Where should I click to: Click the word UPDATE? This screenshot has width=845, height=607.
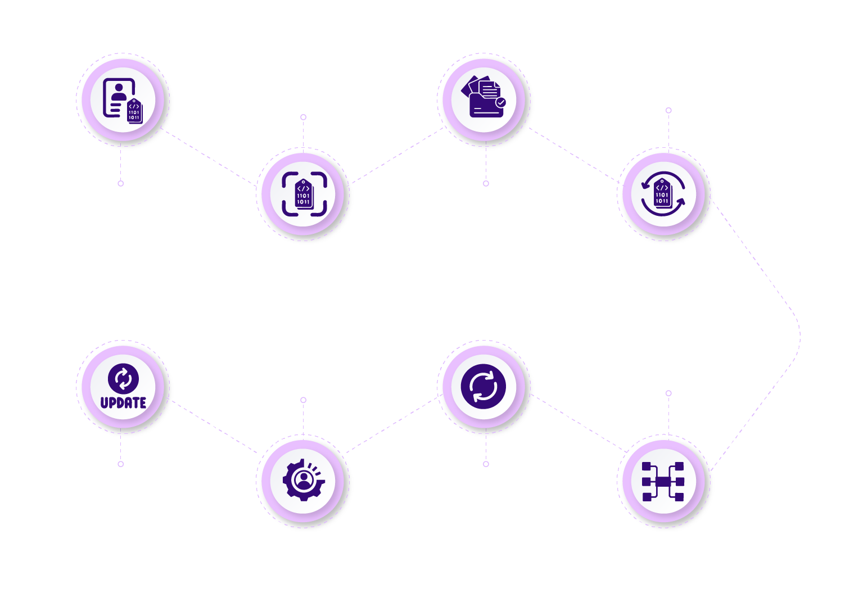[x=123, y=402]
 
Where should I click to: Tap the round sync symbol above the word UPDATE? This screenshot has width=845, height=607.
[x=123, y=378]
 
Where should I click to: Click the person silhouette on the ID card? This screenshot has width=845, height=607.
[x=119, y=91]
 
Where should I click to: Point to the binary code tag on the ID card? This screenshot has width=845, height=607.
[x=134, y=111]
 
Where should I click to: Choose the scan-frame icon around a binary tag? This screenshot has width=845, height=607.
[x=304, y=194]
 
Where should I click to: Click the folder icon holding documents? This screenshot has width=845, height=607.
[x=483, y=97]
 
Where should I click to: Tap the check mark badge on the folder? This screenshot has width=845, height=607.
[x=500, y=102]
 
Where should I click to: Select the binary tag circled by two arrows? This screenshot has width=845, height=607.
[x=663, y=194]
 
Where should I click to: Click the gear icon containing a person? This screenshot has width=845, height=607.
[x=304, y=480]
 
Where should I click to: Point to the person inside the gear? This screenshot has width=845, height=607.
[x=304, y=479]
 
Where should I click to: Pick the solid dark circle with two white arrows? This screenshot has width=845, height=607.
[x=483, y=386]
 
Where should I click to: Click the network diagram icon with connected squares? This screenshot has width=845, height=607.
[x=663, y=482]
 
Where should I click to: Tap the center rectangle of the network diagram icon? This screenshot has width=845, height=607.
[x=663, y=482]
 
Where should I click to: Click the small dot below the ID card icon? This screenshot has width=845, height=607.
[x=120, y=183]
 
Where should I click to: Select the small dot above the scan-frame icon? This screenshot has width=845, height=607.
[x=303, y=117]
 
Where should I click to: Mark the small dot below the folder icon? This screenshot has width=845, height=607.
[x=486, y=183]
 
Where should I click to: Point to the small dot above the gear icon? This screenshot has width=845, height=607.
[x=303, y=400]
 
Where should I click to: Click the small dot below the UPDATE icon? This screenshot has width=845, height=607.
[x=120, y=464]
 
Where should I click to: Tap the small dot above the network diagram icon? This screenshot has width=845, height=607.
[x=668, y=393]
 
